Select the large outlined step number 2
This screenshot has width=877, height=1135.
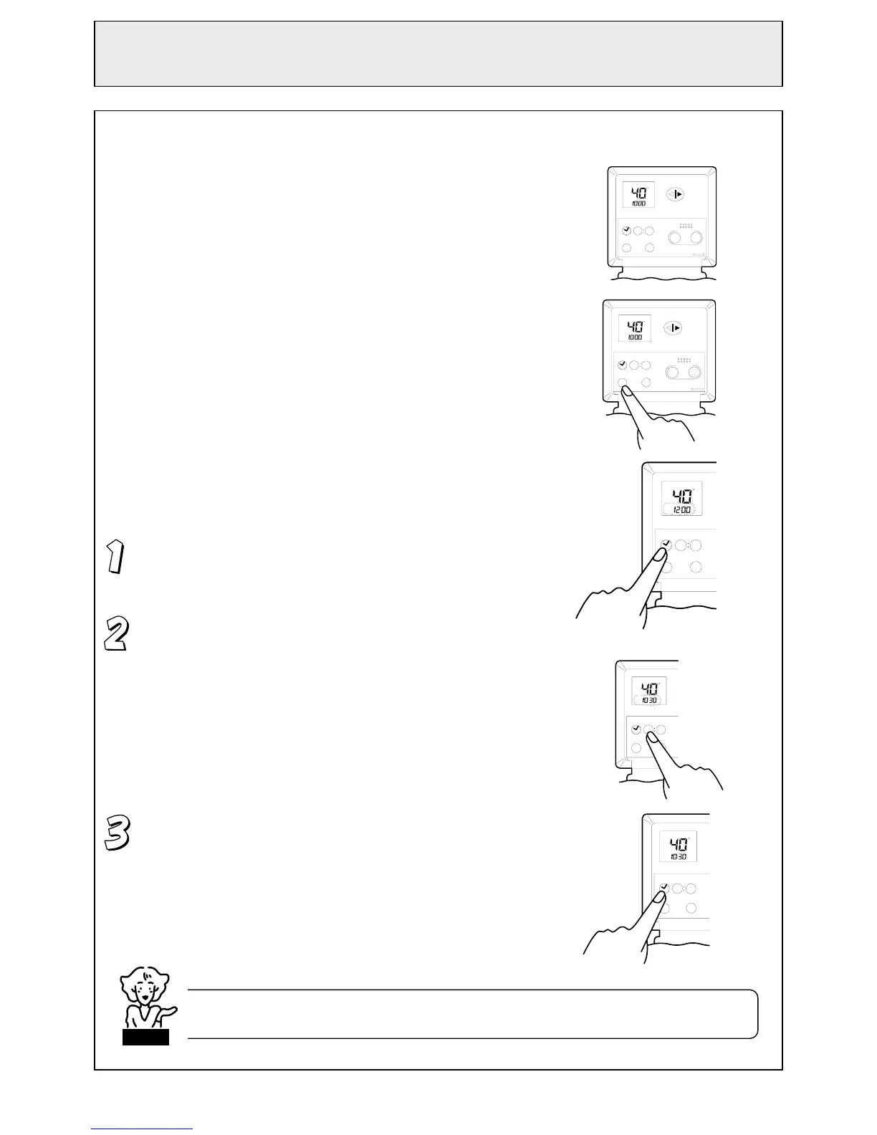coord(116,634)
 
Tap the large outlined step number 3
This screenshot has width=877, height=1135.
coord(118,833)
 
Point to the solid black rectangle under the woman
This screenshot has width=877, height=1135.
coord(145,1037)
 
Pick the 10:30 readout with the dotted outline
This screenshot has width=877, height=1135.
coord(649,700)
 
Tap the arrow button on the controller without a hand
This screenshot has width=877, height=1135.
coord(675,194)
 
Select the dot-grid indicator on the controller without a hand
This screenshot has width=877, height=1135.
coord(686,226)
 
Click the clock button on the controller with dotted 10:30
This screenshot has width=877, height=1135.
coord(636,729)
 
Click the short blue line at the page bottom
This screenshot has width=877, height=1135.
coord(142,1129)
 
